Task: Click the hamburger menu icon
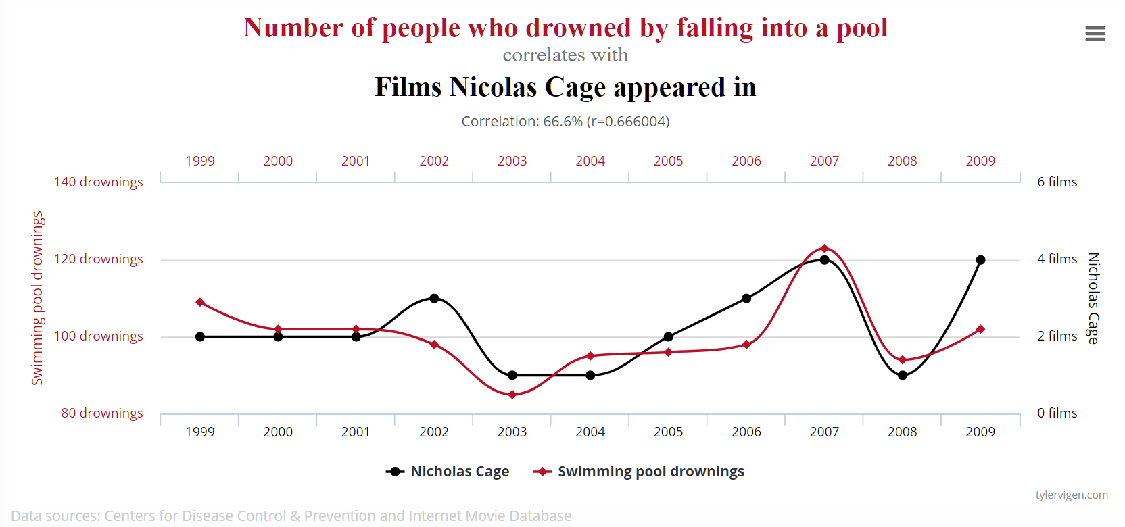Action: click(x=1095, y=33)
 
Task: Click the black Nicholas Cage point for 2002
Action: click(x=434, y=298)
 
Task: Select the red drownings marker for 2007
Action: click(x=824, y=249)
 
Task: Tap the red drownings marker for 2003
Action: click(x=512, y=395)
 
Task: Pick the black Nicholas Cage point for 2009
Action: click(x=980, y=259)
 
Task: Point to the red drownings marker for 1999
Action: click(x=200, y=302)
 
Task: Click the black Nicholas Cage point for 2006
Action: click(x=746, y=298)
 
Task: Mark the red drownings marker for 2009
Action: click(x=980, y=329)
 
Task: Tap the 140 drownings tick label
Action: click(x=99, y=182)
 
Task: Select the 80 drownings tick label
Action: click(x=102, y=413)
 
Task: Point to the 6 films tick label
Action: click(x=1057, y=182)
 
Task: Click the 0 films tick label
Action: click(x=1057, y=413)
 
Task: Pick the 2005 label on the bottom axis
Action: click(x=668, y=432)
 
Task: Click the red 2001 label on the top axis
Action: click(x=356, y=161)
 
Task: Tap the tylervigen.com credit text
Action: click(x=1072, y=495)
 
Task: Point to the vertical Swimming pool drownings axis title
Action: click(x=37, y=298)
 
